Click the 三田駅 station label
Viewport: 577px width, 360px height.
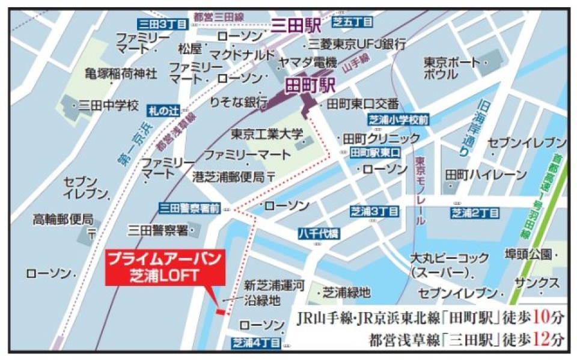tap(296, 25)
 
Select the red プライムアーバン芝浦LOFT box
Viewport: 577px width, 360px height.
tap(165, 267)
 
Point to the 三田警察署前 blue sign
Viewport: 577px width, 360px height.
tap(189, 208)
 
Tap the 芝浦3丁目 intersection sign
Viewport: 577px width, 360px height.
tap(374, 212)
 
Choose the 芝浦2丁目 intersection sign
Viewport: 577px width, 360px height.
tap(475, 213)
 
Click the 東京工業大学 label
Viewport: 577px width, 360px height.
tap(267, 134)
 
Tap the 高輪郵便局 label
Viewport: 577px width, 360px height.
tap(63, 219)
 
